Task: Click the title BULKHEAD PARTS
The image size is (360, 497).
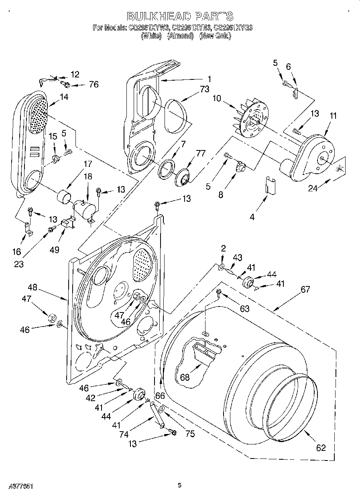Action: pos(180,16)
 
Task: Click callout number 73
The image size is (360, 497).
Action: pos(204,89)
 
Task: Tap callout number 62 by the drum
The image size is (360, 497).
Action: pos(321,447)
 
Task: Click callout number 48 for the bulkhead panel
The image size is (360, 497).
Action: pos(33,287)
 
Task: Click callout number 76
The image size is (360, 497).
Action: pos(94,84)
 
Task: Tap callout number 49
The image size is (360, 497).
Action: pos(55,250)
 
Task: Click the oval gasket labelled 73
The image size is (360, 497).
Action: pos(175,116)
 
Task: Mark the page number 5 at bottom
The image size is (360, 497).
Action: pos(180,485)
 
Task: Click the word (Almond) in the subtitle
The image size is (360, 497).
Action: pos(180,36)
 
